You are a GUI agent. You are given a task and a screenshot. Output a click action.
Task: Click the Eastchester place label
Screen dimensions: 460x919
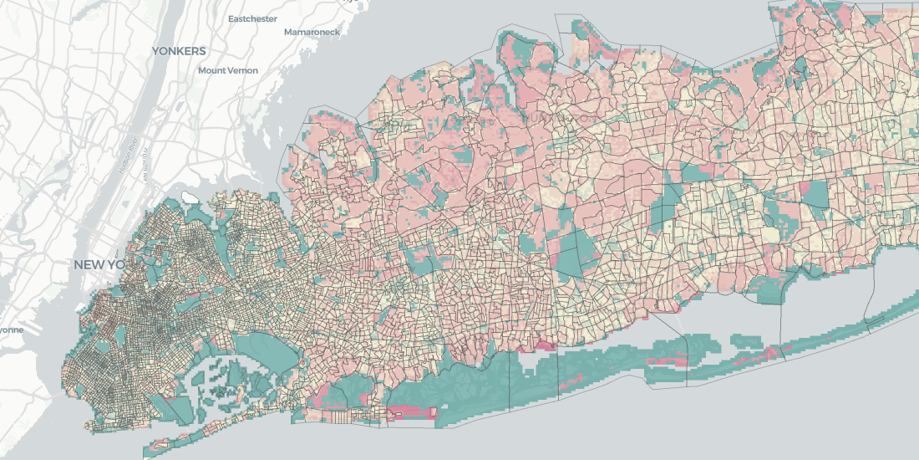pyautogui.click(x=252, y=18)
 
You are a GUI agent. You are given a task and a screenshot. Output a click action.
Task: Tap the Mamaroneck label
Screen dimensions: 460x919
pyautogui.click(x=312, y=32)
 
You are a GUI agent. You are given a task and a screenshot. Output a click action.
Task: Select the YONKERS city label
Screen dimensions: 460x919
pyautogui.click(x=178, y=51)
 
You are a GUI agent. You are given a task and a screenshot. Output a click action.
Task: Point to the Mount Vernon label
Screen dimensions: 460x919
pyautogui.click(x=228, y=70)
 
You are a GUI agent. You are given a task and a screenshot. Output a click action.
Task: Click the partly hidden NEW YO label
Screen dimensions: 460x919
pyautogui.click(x=99, y=264)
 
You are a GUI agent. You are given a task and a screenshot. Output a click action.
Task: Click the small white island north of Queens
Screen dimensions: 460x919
pyautogui.click(x=190, y=197)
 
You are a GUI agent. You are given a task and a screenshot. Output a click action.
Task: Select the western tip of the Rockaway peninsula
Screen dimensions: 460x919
pyautogui.click(x=150, y=444)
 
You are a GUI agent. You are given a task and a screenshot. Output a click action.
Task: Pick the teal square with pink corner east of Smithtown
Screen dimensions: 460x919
pyautogui.click(x=815, y=195)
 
